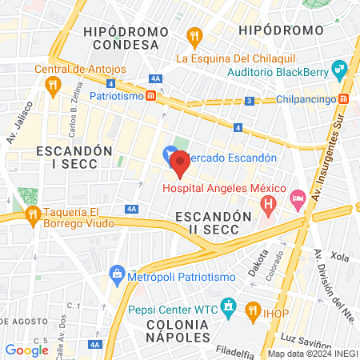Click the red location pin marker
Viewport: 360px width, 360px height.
pos(180,163)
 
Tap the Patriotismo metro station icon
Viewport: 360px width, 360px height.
pos(150,96)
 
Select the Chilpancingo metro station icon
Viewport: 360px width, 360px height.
pos(344,98)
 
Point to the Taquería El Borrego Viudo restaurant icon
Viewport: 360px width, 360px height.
pos(33,214)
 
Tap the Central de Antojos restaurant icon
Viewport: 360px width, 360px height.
pos(53,83)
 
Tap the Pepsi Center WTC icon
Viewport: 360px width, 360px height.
pos(229,306)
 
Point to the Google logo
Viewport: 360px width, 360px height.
pos(26,350)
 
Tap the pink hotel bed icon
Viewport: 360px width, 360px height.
pos(298,198)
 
